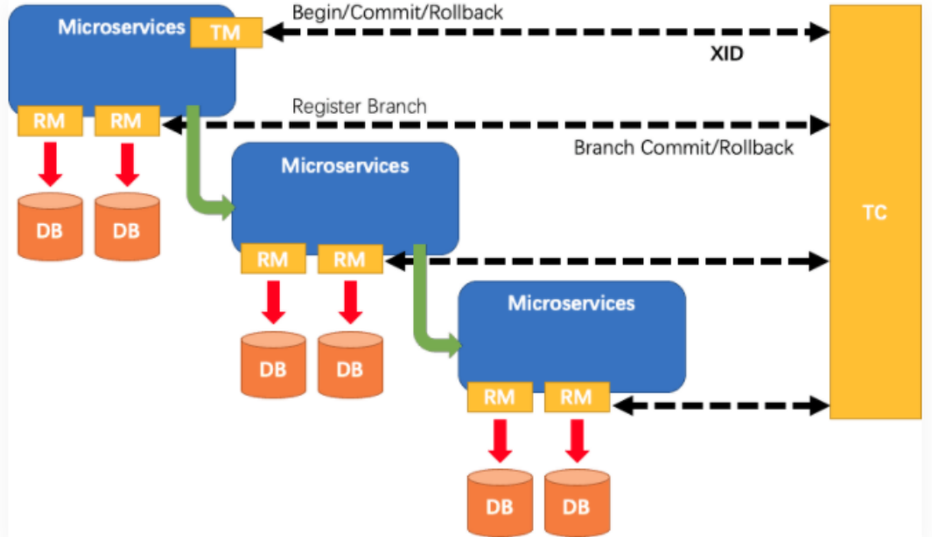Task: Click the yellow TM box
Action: pyautogui.click(x=226, y=33)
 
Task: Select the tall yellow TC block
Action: pyautogui.click(x=874, y=212)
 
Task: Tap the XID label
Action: pyautogui.click(x=726, y=54)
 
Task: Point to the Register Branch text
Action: pyautogui.click(x=360, y=107)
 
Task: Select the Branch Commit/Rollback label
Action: pyautogui.click(x=683, y=147)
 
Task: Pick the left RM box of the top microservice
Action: pyautogui.click(x=50, y=121)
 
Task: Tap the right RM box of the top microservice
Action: pyautogui.click(x=127, y=121)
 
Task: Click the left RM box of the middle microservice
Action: pyautogui.click(x=273, y=259)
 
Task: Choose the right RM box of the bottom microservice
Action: pyautogui.click(x=576, y=397)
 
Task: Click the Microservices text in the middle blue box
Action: pyautogui.click(x=345, y=164)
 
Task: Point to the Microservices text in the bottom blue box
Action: pyautogui.click(x=571, y=303)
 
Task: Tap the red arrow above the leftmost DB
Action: pyautogui.click(x=50, y=164)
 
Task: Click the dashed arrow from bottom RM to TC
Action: pyautogui.click(x=721, y=405)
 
